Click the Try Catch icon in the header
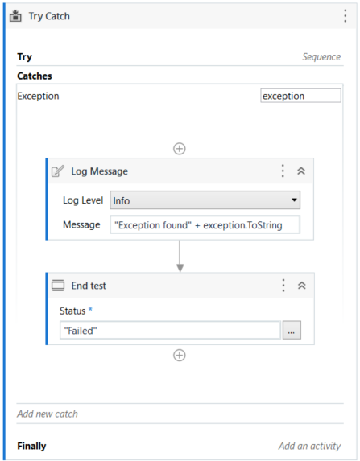(15, 16)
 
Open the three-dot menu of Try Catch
(346, 16)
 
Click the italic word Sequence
(321, 57)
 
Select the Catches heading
(35, 76)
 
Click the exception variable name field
(300, 96)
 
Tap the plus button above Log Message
(180, 149)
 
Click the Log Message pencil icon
(58, 171)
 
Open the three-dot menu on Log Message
(283, 171)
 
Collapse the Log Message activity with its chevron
(301, 171)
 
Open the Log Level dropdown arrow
(294, 200)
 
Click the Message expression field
(205, 225)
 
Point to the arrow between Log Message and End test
(180, 256)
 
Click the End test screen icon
(58, 286)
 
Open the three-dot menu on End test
(283, 286)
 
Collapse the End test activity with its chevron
(302, 286)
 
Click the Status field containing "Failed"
(170, 331)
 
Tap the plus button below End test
(180, 355)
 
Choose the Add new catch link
(48, 414)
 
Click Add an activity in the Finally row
(310, 446)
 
